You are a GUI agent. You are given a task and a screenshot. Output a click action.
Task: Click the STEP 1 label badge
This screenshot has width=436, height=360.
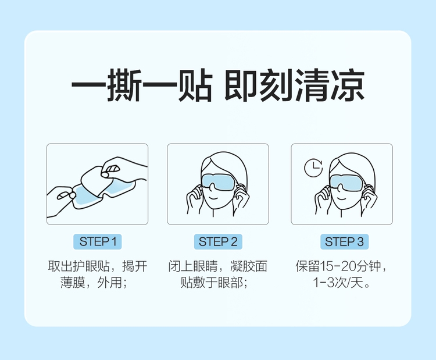[x=97, y=241]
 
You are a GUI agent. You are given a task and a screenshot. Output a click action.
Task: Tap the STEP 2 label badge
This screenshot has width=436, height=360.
[x=218, y=241]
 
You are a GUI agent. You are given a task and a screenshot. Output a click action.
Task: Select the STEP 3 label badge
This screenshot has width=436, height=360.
[x=344, y=241]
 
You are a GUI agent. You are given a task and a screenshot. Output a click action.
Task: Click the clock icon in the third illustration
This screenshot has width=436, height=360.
[x=313, y=168]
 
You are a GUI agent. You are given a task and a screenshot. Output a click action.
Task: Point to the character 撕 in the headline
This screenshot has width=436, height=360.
[x=124, y=84]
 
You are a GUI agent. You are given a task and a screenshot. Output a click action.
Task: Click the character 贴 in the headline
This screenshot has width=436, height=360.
[x=195, y=84]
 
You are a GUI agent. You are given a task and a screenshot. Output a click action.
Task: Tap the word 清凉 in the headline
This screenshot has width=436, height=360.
[x=329, y=84]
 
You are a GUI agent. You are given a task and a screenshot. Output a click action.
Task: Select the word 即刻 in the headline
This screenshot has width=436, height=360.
[x=259, y=84]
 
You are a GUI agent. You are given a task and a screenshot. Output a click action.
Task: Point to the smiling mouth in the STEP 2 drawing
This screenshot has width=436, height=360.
[x=213, y=198]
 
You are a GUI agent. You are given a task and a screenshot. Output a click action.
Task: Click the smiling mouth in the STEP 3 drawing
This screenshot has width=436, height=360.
[x=341, y=199]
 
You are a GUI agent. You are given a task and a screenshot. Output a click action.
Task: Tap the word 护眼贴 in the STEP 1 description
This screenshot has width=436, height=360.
[x=91, y=266]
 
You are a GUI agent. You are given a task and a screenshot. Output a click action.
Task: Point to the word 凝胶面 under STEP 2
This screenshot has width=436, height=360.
[x=249, y=266]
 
